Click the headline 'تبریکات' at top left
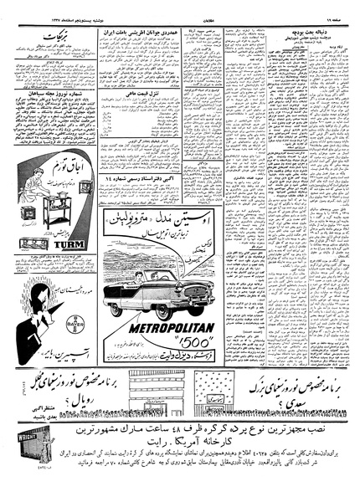pyautogui.click(x=44, y=39)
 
